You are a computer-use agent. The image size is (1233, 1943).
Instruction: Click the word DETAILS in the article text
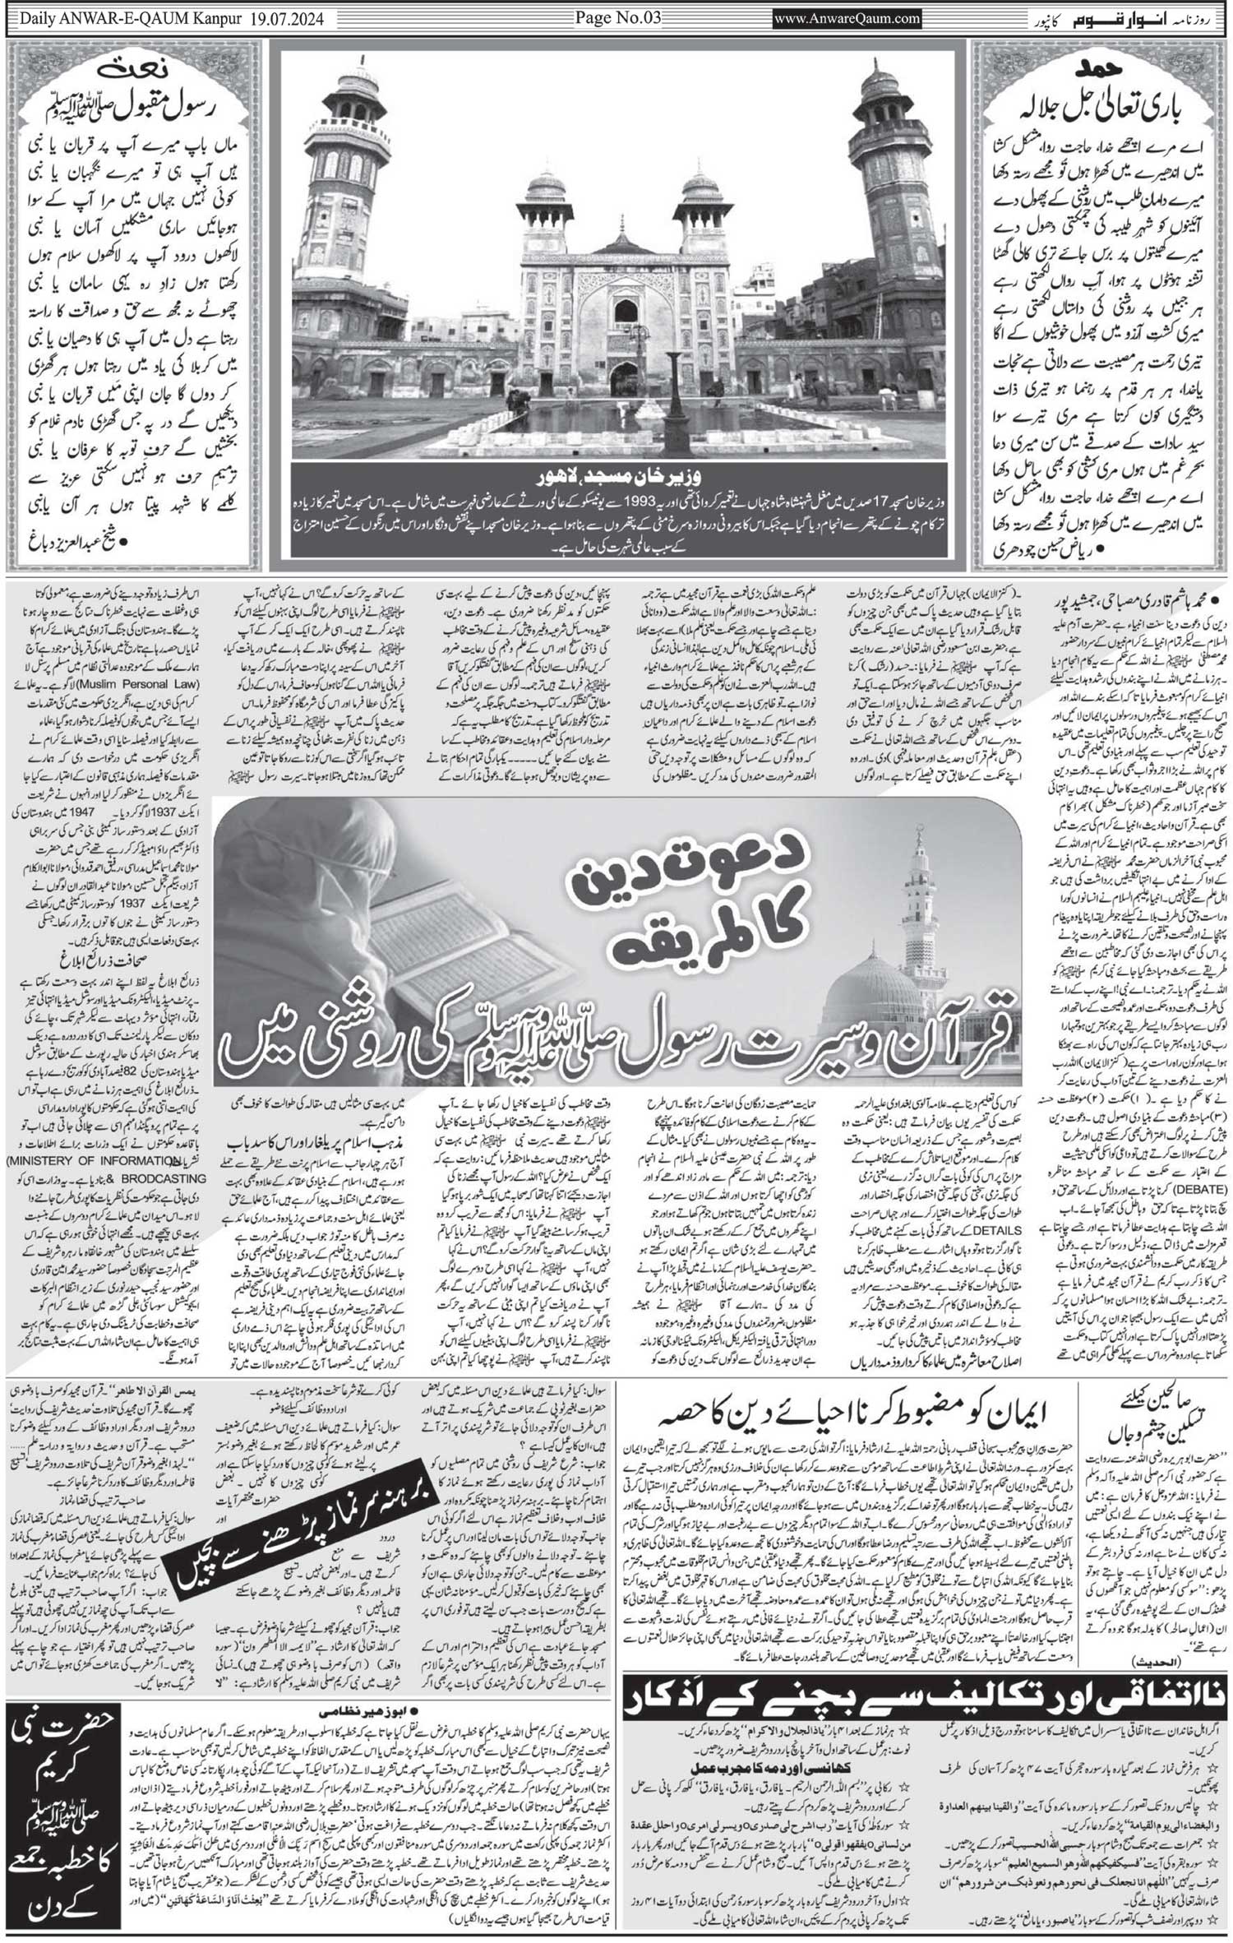tap(998, 1230)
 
